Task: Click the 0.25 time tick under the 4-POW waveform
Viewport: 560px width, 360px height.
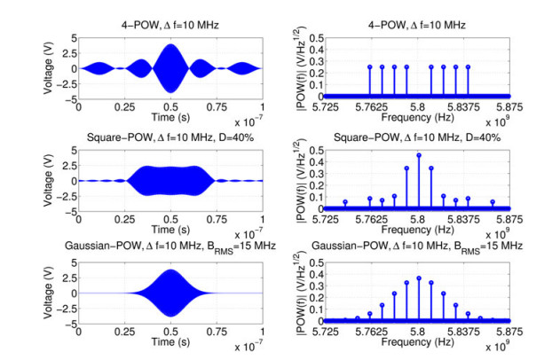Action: [125, 105]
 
